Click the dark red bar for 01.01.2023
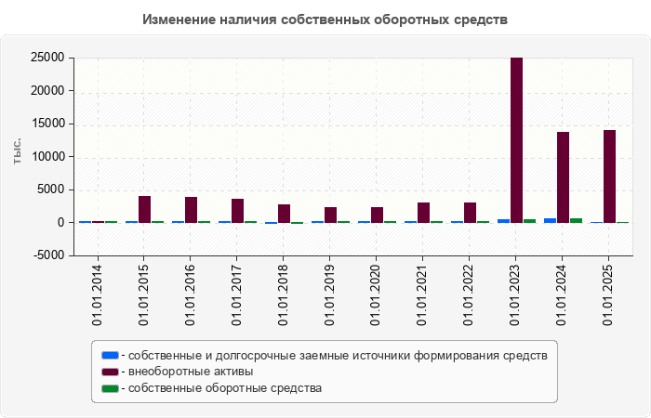click(516, 139)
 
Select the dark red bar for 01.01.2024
click(563, 176)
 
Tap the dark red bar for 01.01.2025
click(609, 176)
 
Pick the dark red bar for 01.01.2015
click(144, 209)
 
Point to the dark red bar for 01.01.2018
click(284, 213)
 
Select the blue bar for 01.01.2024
click(550, 220)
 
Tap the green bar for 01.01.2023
click(529, 220)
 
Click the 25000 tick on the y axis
click(47, 58)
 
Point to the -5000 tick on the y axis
click(47, 255)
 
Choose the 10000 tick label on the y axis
click(47, 157)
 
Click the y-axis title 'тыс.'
click(18, 151)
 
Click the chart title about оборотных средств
click(325, 20)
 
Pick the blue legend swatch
click(110, 355)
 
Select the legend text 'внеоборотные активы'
click(190, 372)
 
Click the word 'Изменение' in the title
click(177, 20)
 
